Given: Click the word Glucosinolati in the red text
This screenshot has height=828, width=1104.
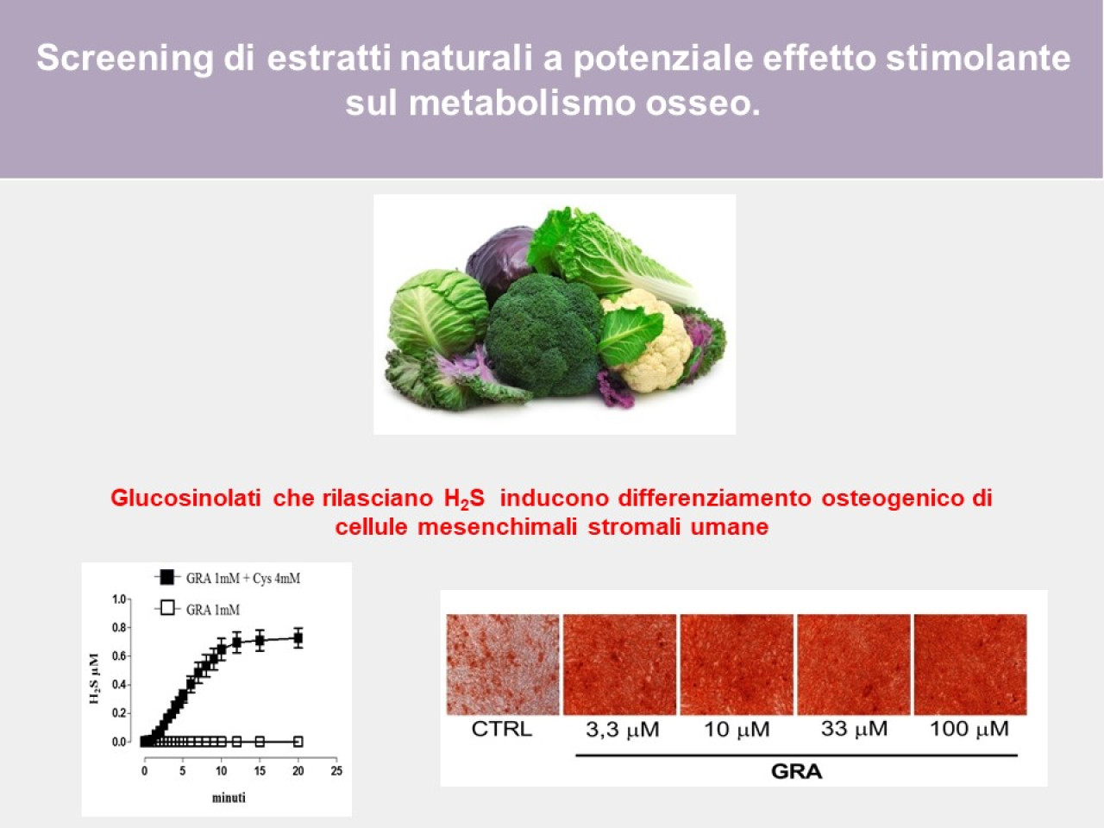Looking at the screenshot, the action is click(185, 499).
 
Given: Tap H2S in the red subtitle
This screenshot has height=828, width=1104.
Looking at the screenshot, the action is click(464, 499).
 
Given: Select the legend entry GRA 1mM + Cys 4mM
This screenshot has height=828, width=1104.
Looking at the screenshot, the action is click(228, 578).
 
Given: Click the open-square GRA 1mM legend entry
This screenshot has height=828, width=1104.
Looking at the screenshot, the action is click(198, 609).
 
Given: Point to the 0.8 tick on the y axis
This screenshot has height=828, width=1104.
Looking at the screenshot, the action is click(119, 627).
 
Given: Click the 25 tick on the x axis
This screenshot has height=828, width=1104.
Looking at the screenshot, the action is click(336, 771).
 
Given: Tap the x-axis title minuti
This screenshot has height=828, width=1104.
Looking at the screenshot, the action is click(229, 797).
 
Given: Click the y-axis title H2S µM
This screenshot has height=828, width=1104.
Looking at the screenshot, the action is click(94, 678).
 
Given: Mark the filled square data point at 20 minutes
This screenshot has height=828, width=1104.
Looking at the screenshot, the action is click(298, 639).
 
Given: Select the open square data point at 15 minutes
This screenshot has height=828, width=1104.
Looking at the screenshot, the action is click(260, 741).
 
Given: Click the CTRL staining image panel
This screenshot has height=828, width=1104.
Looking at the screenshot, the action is click(503, 664).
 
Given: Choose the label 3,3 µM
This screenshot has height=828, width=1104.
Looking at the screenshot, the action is click(622, 730).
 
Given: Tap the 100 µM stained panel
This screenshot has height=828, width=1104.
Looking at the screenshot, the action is click(970, 664).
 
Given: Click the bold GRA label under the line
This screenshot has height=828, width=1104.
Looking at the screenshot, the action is click(797, 771).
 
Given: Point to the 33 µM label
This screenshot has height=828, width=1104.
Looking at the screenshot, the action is click(854, 729).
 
